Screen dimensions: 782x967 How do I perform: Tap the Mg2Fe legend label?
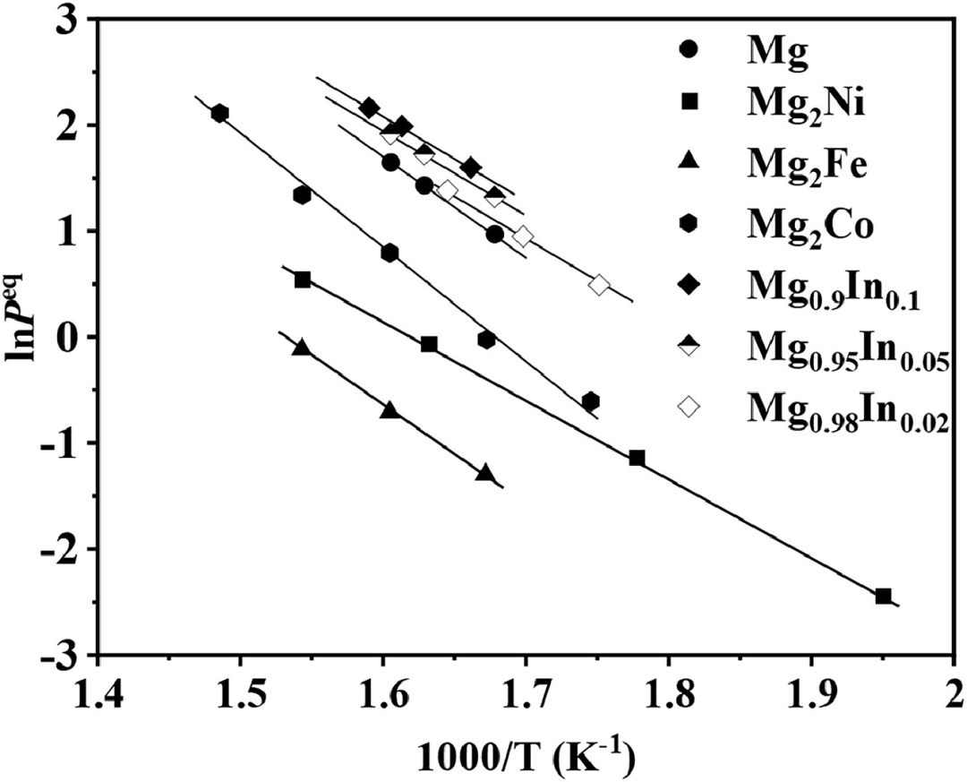[808, 168]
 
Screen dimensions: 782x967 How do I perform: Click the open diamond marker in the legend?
[688, 407]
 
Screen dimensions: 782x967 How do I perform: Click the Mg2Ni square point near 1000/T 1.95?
[883, 596]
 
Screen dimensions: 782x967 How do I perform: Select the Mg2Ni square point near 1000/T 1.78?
[637, 458]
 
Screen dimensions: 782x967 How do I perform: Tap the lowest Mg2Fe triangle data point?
[485, 472]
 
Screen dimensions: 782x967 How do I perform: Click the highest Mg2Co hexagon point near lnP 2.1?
[219, 113]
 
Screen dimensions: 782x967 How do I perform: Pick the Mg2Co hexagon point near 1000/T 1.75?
[590, 401]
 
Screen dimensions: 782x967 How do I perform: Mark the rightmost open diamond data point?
[599, 285]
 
